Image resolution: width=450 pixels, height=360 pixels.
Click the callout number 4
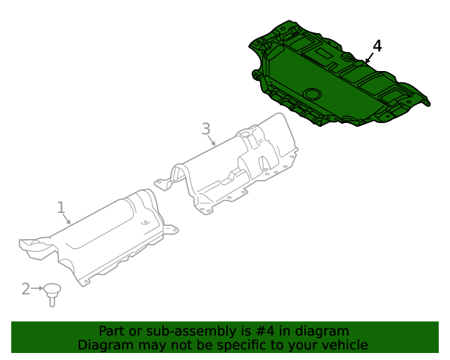[x=378, y=46]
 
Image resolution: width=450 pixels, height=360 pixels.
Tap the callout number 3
[x=206, y=129]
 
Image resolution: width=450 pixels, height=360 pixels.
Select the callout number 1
[x=61, y=207]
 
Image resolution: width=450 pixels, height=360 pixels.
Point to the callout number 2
[x=26, y=288]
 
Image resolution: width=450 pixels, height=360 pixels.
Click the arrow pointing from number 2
[x=38, y=288]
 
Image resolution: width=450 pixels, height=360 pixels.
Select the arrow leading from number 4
[x=368, y=58]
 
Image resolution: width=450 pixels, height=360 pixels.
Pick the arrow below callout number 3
[x=212, y=141]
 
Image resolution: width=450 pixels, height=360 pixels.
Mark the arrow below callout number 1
[x=67, y=219]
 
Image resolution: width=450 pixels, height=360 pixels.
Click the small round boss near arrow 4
[x=347, y=56]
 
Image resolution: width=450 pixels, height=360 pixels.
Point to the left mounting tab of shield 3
[x=162, y=184]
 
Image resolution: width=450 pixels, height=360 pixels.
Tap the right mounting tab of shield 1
[x=170, y=228]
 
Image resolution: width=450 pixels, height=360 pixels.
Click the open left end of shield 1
[x=31, y=245]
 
